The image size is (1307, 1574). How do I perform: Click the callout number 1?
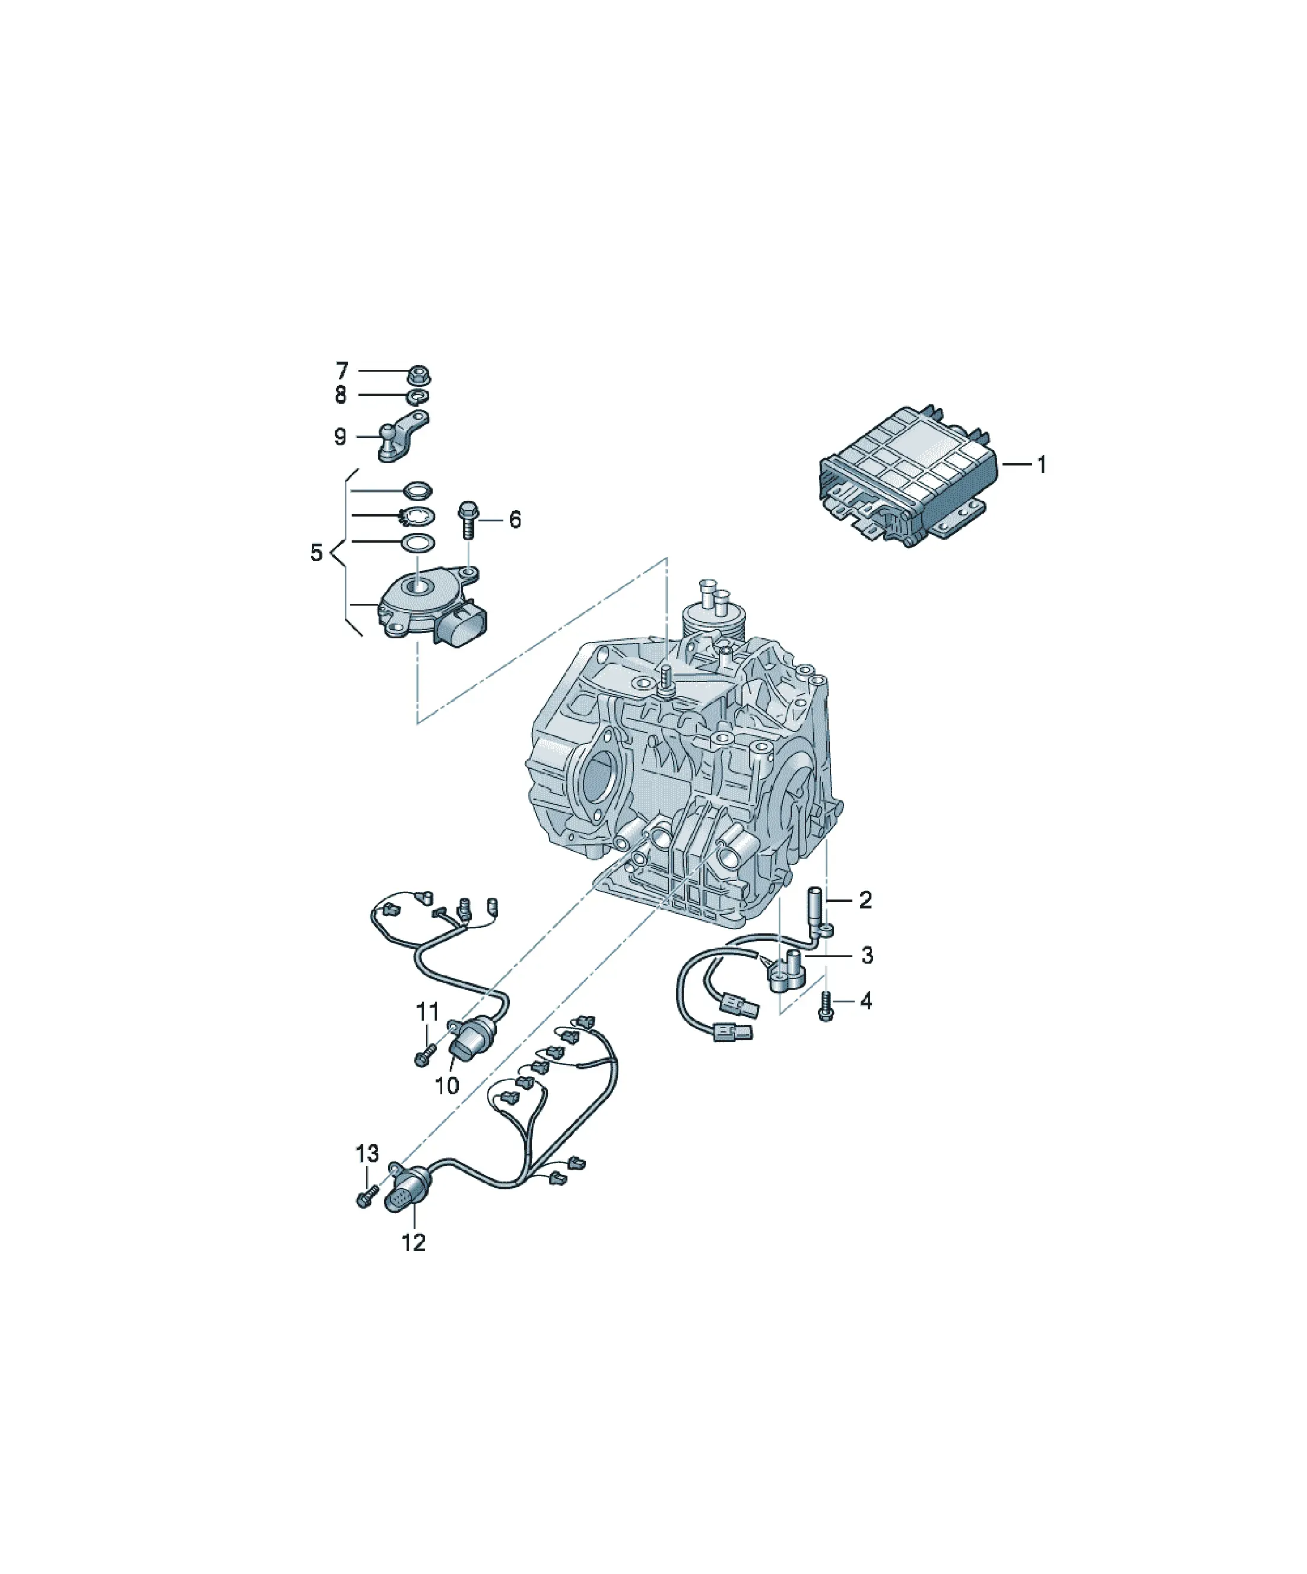pyautogui.click(x=1041, y=465)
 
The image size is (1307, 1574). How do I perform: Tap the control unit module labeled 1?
pyautogui.click(x=908, y=477)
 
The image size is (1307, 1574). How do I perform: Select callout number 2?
pyautogui.click(x=865, y=900)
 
